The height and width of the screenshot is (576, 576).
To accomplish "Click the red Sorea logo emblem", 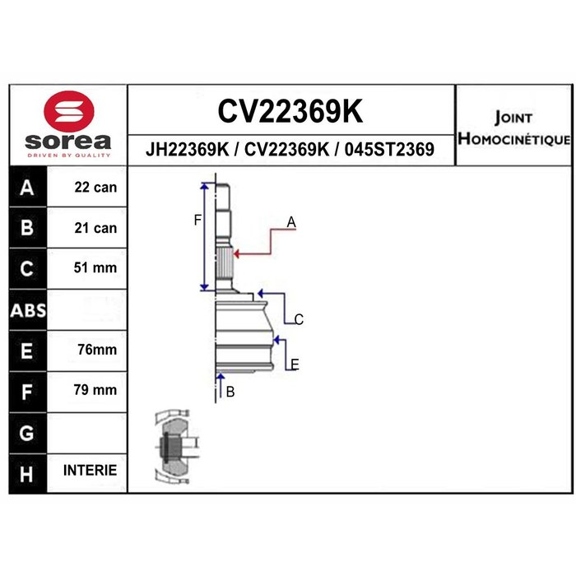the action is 68,112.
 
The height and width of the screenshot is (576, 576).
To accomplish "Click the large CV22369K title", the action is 290,111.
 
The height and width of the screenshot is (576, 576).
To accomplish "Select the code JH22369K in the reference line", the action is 187,150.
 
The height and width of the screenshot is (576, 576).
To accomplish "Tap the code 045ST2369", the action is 389,150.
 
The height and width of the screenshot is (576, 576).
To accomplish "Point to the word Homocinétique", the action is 514,139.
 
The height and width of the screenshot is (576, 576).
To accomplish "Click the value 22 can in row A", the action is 95,188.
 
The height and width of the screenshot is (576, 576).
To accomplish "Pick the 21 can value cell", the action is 95,228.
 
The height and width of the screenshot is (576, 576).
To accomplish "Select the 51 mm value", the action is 95,267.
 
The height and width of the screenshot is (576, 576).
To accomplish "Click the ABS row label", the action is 28,310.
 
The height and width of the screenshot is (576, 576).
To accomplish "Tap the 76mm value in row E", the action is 97,350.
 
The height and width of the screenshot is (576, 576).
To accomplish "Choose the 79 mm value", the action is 95,390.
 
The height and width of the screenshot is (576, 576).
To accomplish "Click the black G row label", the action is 27,434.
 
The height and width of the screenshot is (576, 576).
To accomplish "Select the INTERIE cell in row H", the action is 90,470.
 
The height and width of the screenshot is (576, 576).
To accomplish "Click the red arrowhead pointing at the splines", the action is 237,253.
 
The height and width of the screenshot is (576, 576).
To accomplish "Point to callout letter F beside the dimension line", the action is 197,221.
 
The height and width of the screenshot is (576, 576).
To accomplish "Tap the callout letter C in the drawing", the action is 299,319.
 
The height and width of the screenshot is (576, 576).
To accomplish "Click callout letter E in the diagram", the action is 295,365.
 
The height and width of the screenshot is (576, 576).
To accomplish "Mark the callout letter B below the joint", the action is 230,393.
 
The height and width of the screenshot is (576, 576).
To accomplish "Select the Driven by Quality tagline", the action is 68,156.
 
